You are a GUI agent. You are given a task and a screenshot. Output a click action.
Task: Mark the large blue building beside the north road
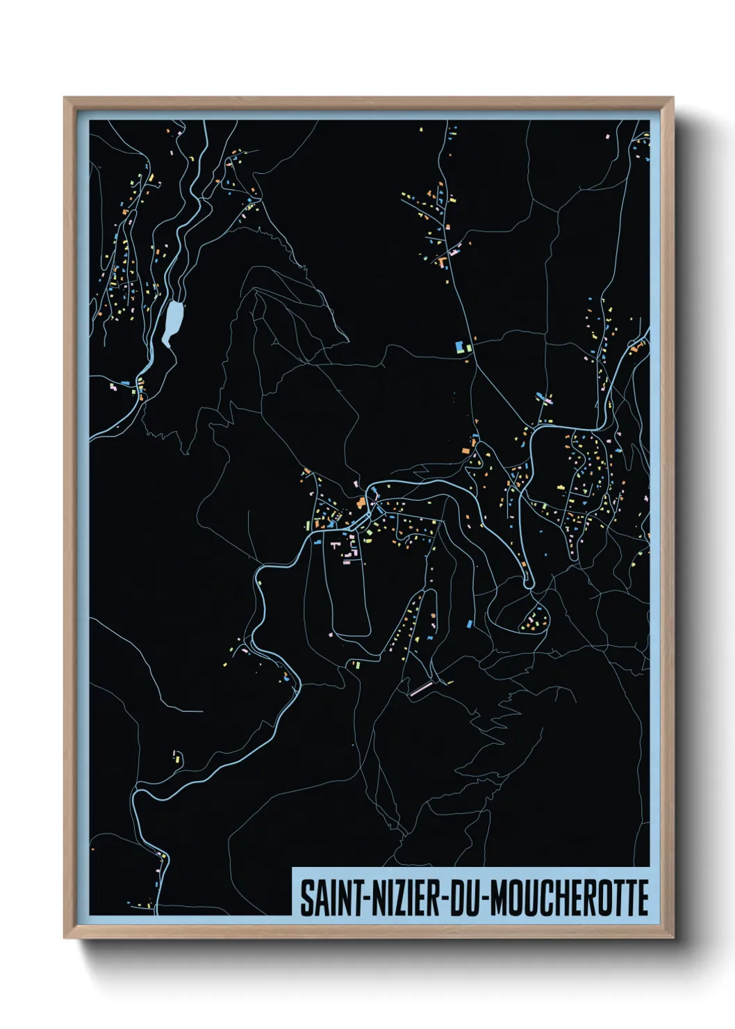[459, 346]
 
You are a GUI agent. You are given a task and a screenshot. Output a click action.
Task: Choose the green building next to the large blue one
[468, 347]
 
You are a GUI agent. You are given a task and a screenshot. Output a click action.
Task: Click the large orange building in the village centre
[361, 502]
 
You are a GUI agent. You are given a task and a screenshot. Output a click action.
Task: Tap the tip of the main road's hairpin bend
[529, 584]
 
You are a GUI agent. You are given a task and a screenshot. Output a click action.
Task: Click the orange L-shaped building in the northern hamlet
[441, 261]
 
